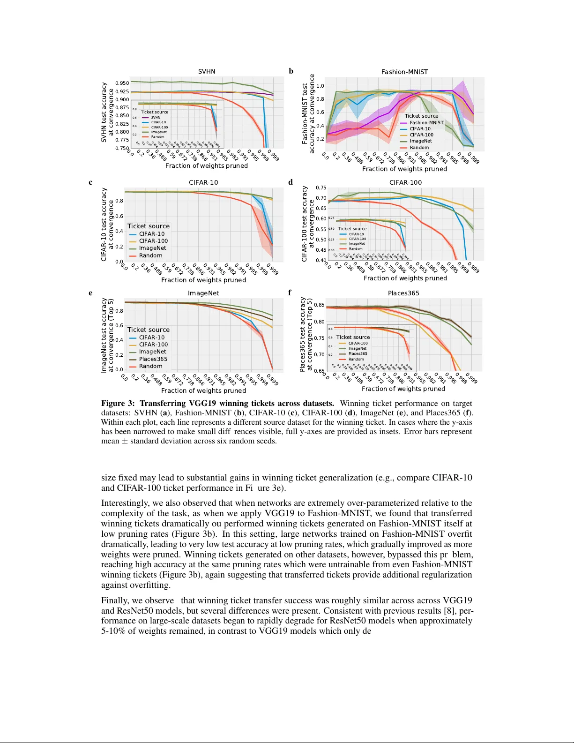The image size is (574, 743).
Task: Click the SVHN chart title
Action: [206, 72]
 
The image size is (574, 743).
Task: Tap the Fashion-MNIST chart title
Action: [404, 72]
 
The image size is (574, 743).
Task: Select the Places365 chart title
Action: [403, 293]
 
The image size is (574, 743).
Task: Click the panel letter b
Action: [291, 71]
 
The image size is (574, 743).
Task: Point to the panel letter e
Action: [90, 293]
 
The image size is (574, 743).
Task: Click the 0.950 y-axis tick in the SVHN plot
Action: [122, 83]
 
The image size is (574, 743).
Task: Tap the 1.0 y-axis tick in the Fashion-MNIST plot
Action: [320, 86]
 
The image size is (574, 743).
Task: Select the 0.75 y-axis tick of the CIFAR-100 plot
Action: [321, 188]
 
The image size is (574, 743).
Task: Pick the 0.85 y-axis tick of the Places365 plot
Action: [319, 305]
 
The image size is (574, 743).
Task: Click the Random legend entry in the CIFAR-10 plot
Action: [150, 255]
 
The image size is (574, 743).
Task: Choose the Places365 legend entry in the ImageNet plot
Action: [153, 359]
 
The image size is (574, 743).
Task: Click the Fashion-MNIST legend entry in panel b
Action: [426, 123]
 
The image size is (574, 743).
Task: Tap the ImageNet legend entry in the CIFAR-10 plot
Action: [152, 248]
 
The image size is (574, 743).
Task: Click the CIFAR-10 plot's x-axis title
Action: [203, 280]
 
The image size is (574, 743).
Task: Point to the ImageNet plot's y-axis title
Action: [107, 335]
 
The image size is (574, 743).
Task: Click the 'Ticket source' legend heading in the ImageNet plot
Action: [148, 330]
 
